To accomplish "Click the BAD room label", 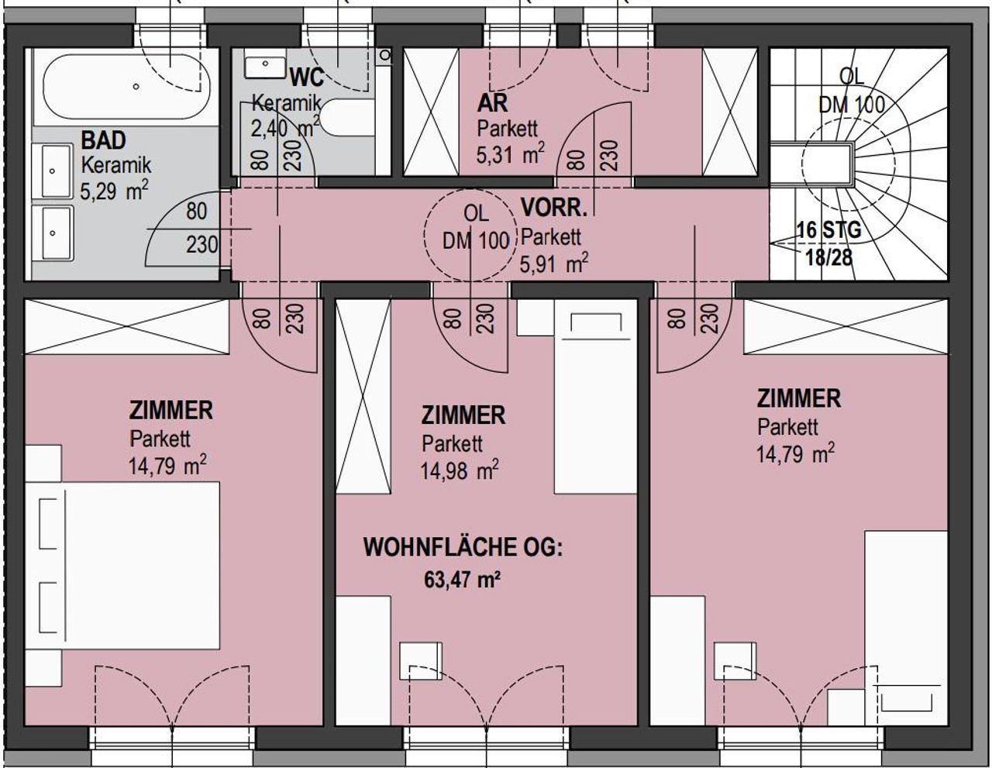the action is point(103,140).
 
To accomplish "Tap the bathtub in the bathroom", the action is point(126,87).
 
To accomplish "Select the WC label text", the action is point(307,77).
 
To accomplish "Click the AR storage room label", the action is point(492,104).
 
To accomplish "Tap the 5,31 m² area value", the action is point(511,153).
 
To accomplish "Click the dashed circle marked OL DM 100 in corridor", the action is point(470,233).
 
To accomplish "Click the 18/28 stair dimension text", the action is point(828,258).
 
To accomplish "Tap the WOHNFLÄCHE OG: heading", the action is point(463,548).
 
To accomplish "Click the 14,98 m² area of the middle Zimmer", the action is point(460,470).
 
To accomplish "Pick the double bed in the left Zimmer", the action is point(122,566).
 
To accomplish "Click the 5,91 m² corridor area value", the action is point(554,263).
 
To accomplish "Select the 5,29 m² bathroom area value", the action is point(114,191).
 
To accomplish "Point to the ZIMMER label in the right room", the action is point(799,398).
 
